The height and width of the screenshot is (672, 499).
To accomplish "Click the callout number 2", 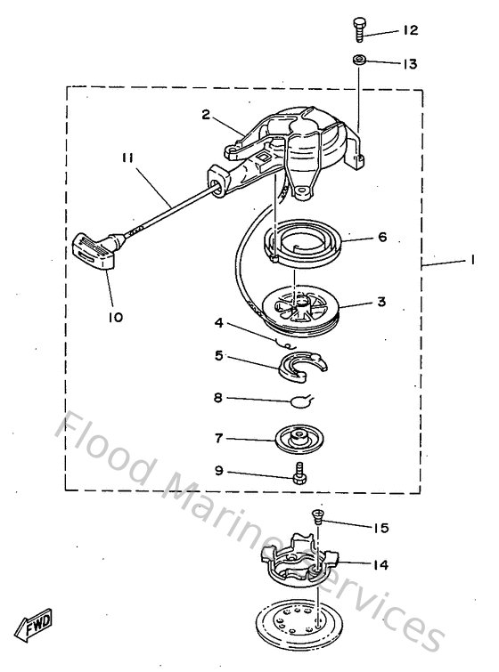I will pos(205,114).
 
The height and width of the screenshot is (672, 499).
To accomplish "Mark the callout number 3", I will pos(380,302).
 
